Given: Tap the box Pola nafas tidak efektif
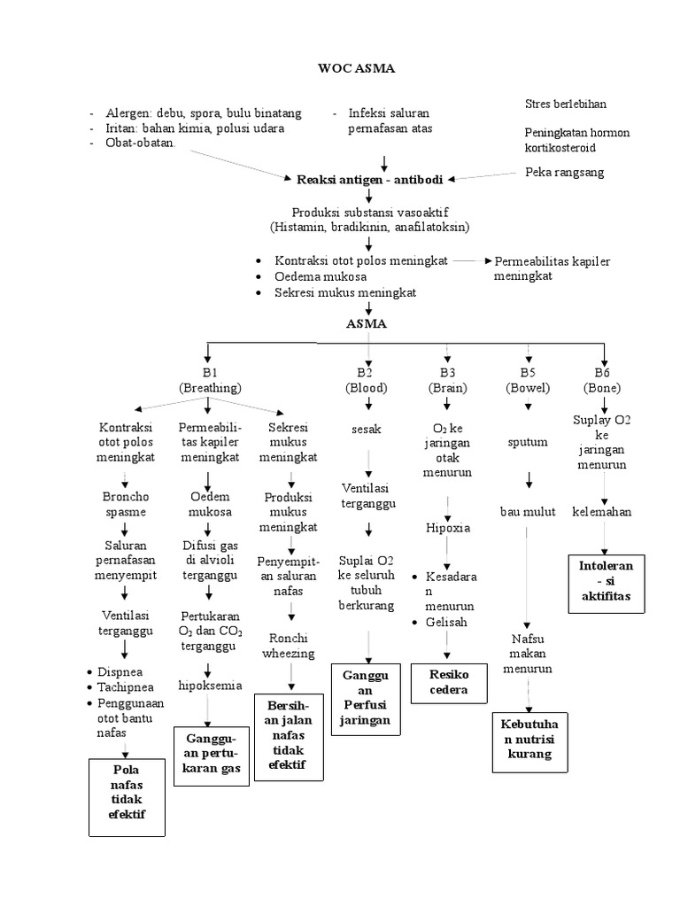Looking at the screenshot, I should tap(128, 795).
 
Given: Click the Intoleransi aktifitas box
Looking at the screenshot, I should tap(607, 584).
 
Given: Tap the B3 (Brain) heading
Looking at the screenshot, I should tap(447, 380).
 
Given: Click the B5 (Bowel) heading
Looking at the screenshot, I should tap(528, 380).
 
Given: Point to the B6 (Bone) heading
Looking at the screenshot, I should tap(602, 380).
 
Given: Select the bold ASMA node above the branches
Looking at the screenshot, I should tap(366, 324).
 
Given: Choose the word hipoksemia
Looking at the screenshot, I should tap(209, 685).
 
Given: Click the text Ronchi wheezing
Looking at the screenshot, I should tap(291, 645).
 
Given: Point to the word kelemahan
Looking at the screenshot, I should tap(602, 512).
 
